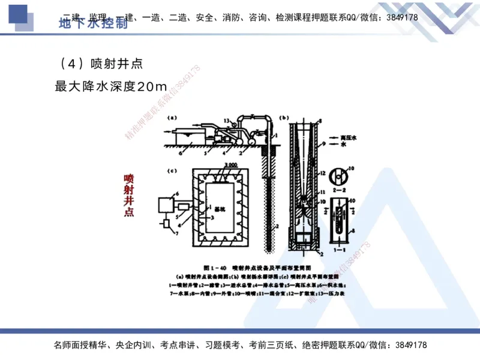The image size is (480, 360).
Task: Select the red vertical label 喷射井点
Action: (128, 195)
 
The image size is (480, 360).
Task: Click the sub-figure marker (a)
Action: (172, 119)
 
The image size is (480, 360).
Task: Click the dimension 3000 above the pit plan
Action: (217, 166)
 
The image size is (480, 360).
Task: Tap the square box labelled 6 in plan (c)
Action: (166, 205)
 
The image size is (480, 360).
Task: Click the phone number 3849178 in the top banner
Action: (398, 17)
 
